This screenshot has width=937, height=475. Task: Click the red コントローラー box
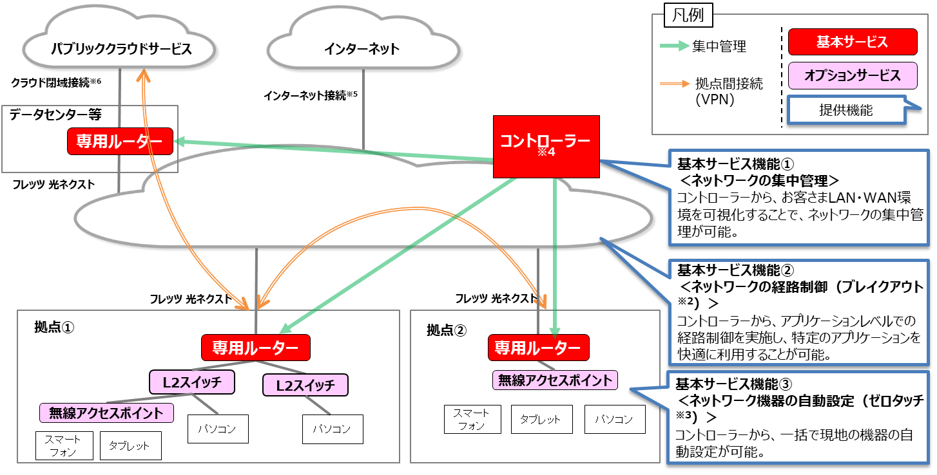pyautogui.click(x=546, y=146)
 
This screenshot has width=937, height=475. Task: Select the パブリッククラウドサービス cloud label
pyautogui.click(x=122, y=48)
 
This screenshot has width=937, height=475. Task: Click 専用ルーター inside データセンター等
pyautogui.click(x=120, y=141)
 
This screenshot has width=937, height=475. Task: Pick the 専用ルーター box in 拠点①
pyautogui.click(x=255, y=348)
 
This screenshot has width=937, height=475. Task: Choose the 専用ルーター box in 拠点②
pyautogui.click(x=538, y=348)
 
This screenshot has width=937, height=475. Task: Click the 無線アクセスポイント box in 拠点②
pyautogui.click(x=554, y=380)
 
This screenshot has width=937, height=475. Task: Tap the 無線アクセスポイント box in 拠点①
pyautogui.click(x=107, y=413)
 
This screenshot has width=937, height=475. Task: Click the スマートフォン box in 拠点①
pyautogui.click(x=63, y=445)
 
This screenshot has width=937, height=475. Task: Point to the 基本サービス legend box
pyautogui.click(x=852, y=42)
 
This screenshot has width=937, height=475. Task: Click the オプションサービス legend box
pyautogui.click(x=852, y=75)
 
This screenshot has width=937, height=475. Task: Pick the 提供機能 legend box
pyautogui.click(x=845, y=110)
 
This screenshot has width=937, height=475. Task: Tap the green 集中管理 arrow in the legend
pyautogui.click(x=675, y=46)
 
